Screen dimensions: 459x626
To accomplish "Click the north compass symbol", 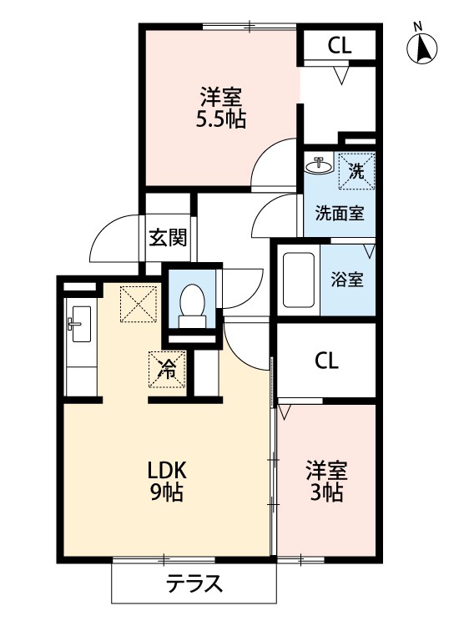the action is [x=422, y=48].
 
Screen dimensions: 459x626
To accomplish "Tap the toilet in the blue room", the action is [x=193, y=305].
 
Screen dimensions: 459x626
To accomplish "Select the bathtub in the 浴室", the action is [x=299, y=280].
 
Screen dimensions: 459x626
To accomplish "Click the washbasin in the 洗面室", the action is [x=319, y=164].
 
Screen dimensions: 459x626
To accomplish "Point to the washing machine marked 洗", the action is [x=357, y=171].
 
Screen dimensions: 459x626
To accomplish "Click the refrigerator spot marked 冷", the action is [x=167, y=370].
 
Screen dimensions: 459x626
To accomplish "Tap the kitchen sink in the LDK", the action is [x=82, y=324].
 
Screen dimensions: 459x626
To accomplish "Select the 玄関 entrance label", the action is [x=168, y=239].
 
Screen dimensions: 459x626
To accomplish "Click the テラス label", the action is [x=194, y=584].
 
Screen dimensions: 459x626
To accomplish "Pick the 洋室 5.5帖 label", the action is [x=220, y=108].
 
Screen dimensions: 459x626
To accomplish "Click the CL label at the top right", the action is [x=340, y=46].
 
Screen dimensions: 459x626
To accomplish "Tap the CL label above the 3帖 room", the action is [x=326, y=361].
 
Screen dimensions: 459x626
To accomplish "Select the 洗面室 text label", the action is [x=340, y=213].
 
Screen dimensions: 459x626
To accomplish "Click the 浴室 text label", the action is [x=347, y=280].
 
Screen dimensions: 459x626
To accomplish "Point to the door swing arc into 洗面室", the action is [x=264, y=208].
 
